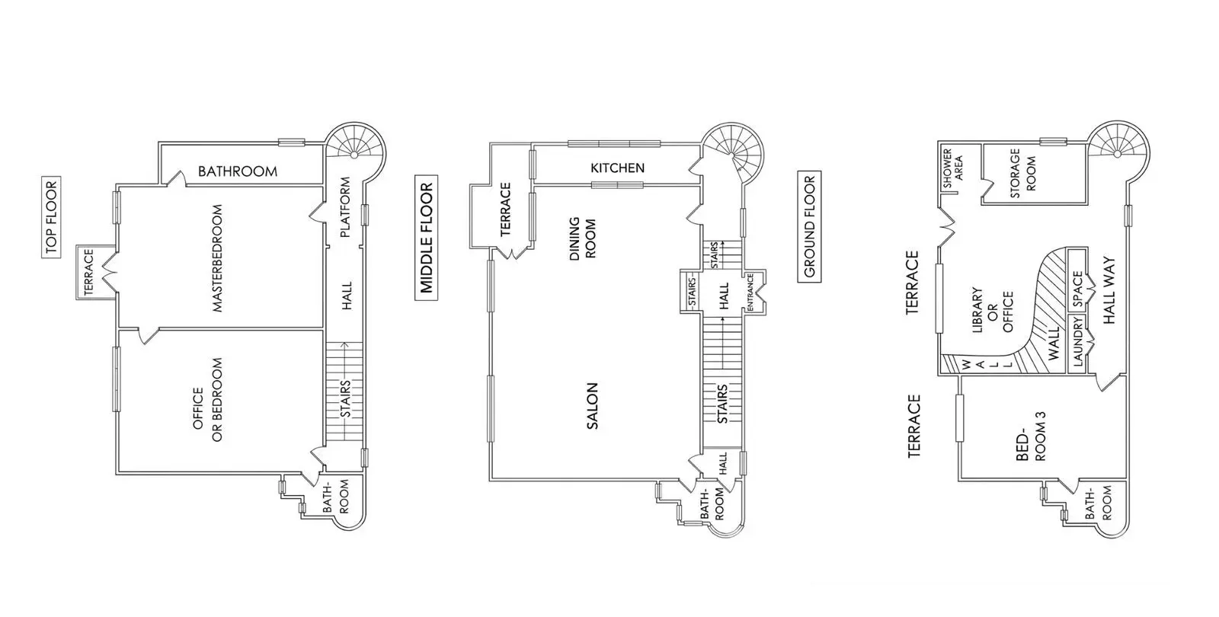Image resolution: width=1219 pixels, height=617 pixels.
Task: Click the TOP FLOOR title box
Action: pos(51,217)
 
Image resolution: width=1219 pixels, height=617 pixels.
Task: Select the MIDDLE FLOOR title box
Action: pos(426,238)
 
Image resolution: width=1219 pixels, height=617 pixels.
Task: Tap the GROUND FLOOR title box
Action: pos(809,226)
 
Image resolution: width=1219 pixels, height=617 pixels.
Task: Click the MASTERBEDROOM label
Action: pos(218,258)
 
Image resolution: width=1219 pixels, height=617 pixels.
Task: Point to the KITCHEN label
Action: pos(617,168)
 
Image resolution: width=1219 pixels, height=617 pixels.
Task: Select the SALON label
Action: pos(592,406)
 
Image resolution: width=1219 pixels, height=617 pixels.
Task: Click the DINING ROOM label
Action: pos(582,238)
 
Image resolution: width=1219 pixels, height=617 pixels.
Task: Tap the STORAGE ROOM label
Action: pos(1022,173)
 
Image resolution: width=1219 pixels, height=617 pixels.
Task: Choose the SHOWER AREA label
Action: pos(953,168)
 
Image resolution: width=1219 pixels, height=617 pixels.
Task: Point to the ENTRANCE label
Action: pos(750,293)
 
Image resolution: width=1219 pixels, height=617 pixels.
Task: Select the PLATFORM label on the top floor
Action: pos(345,207)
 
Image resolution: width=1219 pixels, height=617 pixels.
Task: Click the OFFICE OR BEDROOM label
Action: pos(208,400)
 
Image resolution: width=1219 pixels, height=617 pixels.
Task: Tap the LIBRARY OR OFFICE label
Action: pos(992,309)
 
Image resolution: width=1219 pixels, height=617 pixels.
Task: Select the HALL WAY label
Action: pos(1109,290)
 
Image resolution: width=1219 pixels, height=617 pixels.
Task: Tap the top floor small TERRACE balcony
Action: pos(95,272)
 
